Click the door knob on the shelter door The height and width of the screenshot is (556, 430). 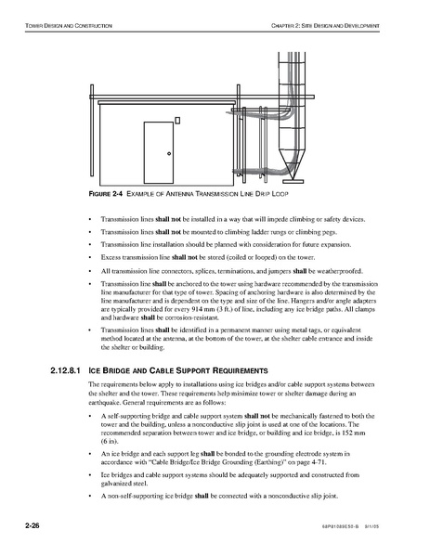[x=169, y=153]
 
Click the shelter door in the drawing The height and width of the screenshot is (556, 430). [x=159, y=152]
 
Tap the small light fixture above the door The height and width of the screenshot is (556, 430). [x=177, y=121]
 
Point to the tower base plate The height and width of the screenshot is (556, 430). [x=293, y=181]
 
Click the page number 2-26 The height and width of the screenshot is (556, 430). [x=33, y=525]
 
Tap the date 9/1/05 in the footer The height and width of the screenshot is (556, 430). [x=372, y=526]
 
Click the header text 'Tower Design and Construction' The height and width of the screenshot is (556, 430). [x=69, y=26]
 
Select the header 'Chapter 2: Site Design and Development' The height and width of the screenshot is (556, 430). [x=325, y=26]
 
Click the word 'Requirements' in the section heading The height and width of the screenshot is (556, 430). [x=241, y=371]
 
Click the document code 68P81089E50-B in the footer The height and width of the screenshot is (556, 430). [x=338, y=526]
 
